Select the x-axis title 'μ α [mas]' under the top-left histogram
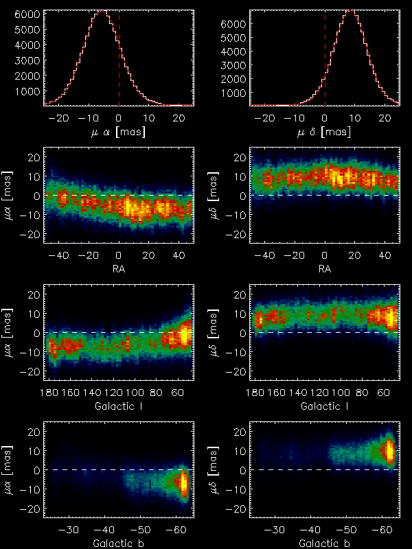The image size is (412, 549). coord(118,131)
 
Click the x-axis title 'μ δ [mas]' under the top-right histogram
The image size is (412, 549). coord(324,131)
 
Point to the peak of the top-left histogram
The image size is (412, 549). coord(102,11)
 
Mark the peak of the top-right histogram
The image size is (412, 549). coord(350,10)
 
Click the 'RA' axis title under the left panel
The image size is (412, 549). coord(118,268)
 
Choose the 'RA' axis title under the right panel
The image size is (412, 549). coord(324,268)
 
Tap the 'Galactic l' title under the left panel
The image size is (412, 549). coord(118,406)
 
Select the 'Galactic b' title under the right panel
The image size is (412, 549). coord(324,543)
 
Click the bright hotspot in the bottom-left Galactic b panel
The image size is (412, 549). coord(183,482)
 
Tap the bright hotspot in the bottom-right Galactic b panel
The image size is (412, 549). coord(389,451)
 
